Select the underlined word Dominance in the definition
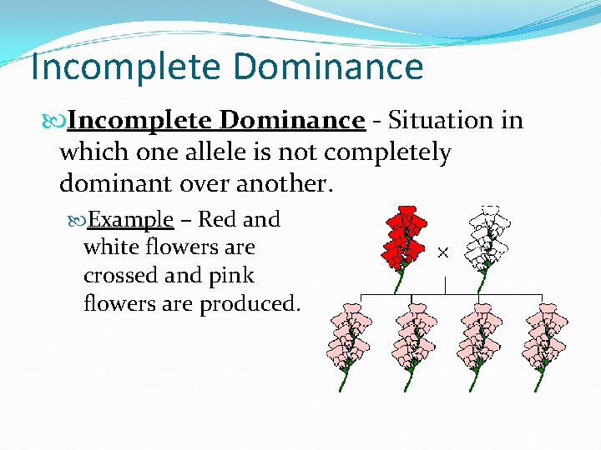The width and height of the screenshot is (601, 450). pyautogui.click(x=292, y=122)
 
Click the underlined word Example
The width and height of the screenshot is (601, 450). pyautogui.click(x=131, y=220)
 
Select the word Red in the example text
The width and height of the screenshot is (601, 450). pyautogui.click(x=217, y=220)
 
